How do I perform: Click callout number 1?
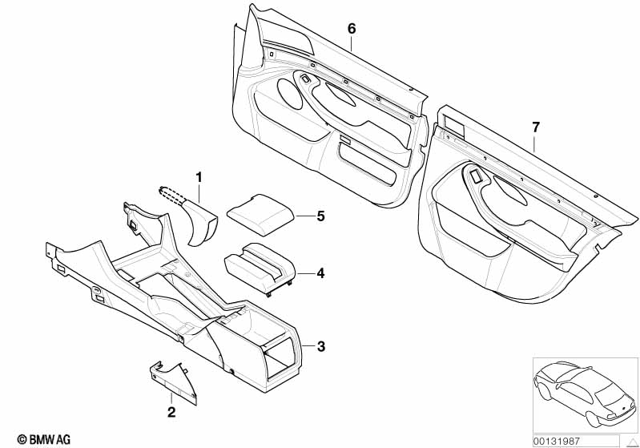point(200,176)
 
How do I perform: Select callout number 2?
point(171,413)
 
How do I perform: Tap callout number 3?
point(320,346)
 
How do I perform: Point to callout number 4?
point(320,273)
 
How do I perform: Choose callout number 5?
point(320,216)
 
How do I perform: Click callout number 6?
point(351,28)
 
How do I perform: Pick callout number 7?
point(536,127)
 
